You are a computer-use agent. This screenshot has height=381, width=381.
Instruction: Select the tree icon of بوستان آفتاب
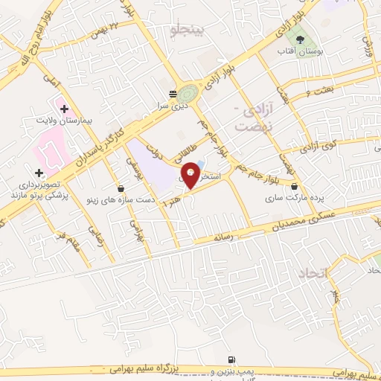point(300,39)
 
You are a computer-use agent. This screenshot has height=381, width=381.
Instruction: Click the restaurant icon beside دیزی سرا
point(173,95)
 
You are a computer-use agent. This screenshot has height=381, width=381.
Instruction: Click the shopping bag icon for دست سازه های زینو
point(121,188)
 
